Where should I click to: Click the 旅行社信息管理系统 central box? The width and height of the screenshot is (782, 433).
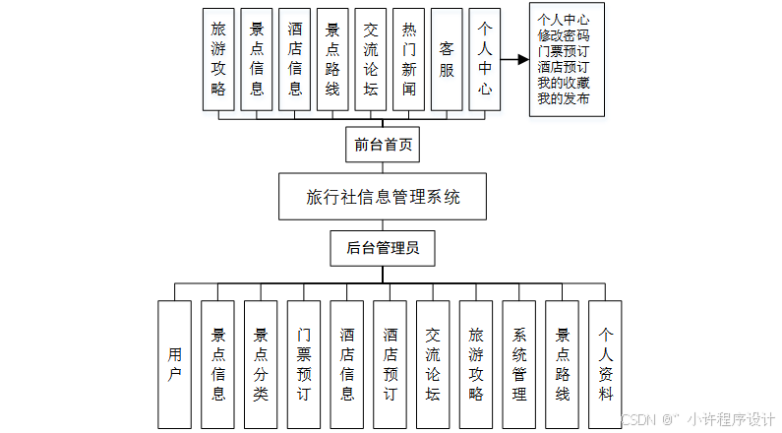383,198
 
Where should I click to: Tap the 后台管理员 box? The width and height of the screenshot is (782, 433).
383,249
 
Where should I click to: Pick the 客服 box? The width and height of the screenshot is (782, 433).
447,59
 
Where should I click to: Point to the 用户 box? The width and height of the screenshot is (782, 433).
174,364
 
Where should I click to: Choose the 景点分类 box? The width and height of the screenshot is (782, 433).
261,364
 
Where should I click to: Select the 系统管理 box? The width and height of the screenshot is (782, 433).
519,364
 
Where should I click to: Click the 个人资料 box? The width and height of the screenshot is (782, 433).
606,364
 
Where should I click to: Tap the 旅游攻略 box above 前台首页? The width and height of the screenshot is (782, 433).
218,59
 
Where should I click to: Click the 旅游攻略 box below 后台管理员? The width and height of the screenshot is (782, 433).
476,364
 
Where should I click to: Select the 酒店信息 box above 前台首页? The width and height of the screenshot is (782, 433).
295,59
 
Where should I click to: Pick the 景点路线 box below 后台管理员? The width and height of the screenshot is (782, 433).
563,364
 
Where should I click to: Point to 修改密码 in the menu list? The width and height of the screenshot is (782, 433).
565,34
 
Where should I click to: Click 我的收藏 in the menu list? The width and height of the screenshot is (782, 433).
565,83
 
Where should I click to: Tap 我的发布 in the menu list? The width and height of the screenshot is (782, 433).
565,98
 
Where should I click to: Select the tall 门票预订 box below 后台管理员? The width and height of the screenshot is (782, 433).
304,364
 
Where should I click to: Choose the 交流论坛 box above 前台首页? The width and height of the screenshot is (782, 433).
371,59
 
